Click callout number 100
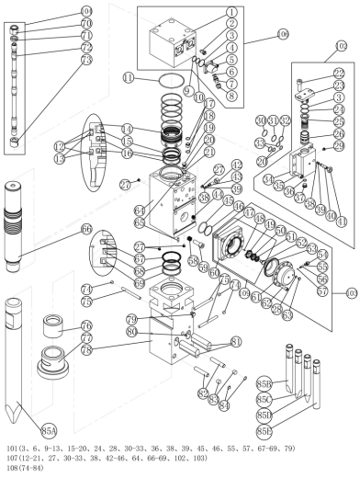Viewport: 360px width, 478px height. pyautogui.click(x=281, y=34)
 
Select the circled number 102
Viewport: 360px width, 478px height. pyautogui.click(x=343, y=43)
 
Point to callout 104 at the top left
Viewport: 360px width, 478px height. pyautogui.click(x=87, y=10)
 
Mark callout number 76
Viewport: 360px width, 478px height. pyautogui.click(x=87, y=325)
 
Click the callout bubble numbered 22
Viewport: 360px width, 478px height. pyautogui.click(x=339, y=74)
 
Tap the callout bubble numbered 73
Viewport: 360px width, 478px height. pyautogui.click(x=87, y=60)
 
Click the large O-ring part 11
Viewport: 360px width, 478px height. pyautogui.click(x=165, y=82)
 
